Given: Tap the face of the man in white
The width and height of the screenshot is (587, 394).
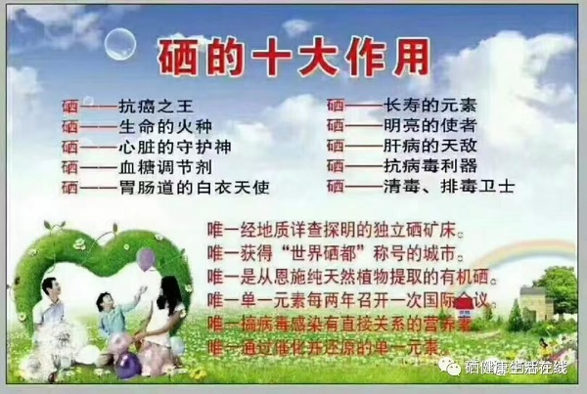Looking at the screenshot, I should click(x=52, y=286).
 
